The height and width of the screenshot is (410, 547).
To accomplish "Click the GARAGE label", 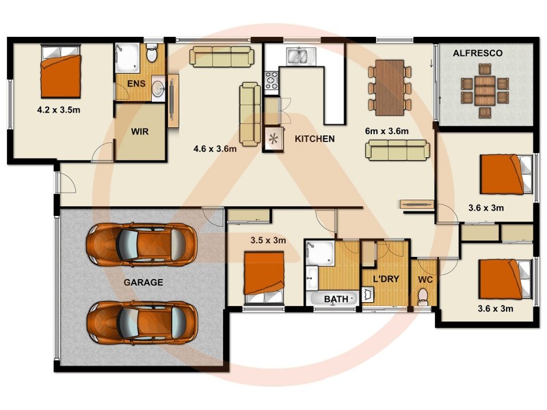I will tap(143, 282).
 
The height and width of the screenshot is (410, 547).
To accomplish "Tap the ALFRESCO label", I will tap(479, 53).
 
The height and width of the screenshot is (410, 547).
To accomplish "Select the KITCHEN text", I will tap(315, 139).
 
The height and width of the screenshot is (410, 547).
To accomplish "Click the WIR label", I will tap(140, 131).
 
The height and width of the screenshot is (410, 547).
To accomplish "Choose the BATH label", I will tap(336, 299).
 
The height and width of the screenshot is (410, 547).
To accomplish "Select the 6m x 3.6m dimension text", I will tap(387, 131).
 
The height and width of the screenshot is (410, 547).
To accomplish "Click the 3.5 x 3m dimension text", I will tap(268, 240).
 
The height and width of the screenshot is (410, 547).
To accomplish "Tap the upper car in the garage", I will tap(141, 242).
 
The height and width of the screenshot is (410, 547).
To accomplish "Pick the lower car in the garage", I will tap(142, 321).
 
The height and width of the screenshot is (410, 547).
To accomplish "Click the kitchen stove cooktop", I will tap(271, 80).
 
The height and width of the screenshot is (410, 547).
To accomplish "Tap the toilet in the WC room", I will tap(423, 296).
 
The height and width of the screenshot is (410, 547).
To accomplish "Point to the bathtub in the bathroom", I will tap(334, 299).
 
